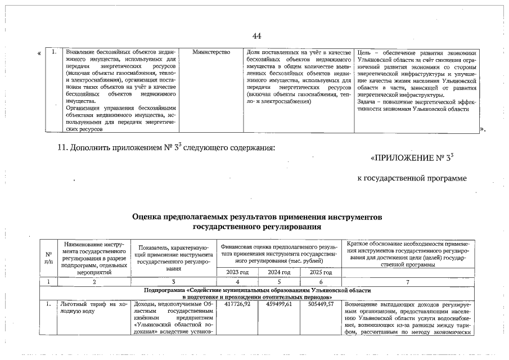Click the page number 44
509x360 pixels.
pos(257,36)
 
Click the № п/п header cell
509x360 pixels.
pos(49,256)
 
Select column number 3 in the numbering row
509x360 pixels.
pos(174,281)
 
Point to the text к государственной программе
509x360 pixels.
pos(413,178)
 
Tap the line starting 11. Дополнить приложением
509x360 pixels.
pos(166,148)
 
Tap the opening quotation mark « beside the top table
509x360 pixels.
pos(39,54)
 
